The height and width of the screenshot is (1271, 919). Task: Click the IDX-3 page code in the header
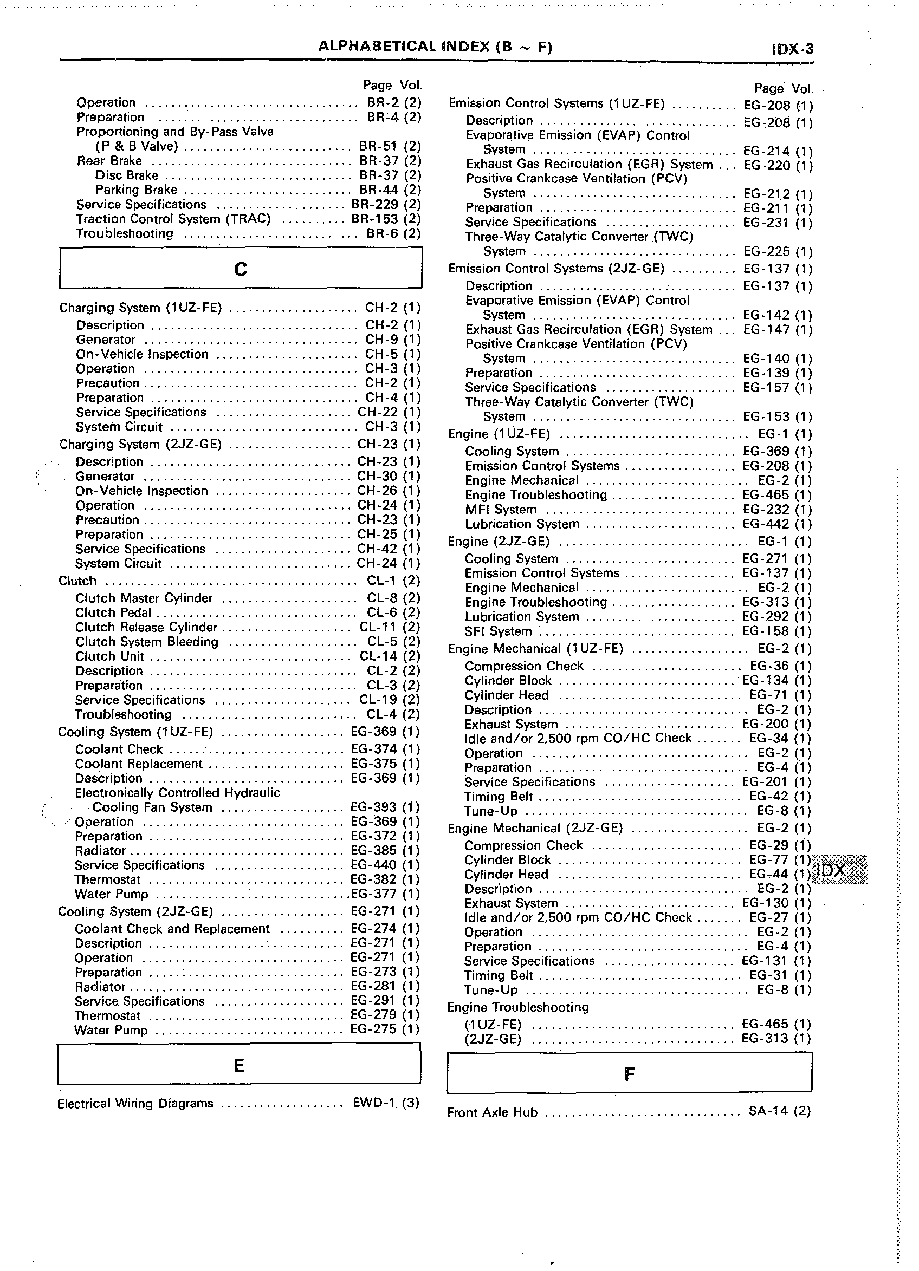[x=792, y=49]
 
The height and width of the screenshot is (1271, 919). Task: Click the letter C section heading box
[x=241, y=269]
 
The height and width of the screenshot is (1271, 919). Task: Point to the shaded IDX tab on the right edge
[x=839, y=870]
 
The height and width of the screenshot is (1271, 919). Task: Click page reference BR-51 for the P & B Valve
[x=378, y=146]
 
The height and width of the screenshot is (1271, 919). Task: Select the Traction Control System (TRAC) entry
[x=173, y=219]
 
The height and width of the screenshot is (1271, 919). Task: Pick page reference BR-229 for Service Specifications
[x=374, y=205]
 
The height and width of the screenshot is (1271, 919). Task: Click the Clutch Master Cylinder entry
[x=144, y=598]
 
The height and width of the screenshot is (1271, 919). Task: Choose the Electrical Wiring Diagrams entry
[x=135, y=1104]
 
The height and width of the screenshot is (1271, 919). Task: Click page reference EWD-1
[x=374, y=1103]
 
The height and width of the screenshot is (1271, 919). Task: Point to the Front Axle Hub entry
[x=493, y=1112]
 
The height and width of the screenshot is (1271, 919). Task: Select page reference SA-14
[x=768, y=1111]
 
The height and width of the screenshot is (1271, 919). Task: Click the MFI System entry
[x=501, y=510]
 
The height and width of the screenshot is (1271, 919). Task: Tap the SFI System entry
[x=498, y=631]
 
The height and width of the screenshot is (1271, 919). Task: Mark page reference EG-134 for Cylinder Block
[x=765, y=681]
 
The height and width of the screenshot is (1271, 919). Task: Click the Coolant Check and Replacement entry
[x=172, y=929]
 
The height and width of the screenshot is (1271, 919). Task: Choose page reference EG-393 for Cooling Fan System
[x=373, y=807]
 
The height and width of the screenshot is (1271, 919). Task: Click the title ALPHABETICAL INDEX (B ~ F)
[x=435, y=47]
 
